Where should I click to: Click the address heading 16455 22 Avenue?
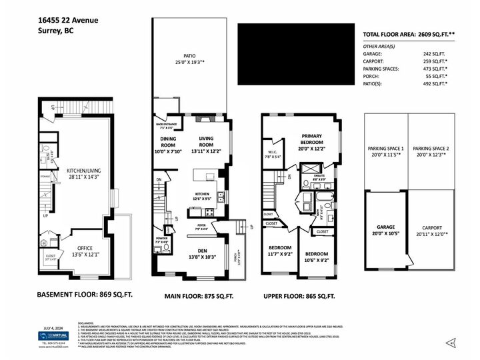[x=68, y=21]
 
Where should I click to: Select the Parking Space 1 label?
[x=385, y=152]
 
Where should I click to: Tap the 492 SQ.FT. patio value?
[x=435, y=84]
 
